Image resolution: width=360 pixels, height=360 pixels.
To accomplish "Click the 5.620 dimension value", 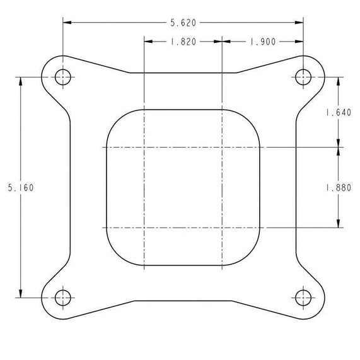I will (x=183, y=23).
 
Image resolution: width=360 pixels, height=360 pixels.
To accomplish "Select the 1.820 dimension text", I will (x=183, y=42).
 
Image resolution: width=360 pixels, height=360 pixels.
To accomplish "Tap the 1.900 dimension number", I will (x=263, y=42).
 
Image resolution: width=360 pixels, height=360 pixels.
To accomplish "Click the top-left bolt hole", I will (x=62, y=78).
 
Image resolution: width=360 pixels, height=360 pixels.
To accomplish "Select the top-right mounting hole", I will (x=303, y=78).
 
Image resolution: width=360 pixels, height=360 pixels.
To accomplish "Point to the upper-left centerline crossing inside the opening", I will (x=144, y=148).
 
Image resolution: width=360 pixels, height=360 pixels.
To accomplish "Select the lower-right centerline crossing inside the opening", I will (x=223, y=227).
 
